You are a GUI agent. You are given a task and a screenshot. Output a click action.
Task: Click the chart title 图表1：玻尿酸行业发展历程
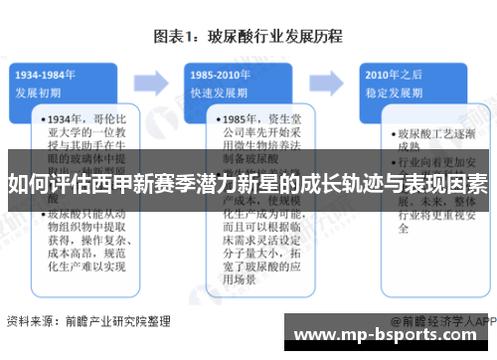point(248,38)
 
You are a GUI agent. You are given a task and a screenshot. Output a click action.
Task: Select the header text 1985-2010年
point(218,74)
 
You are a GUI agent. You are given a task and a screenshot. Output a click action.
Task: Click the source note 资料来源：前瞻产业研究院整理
point(87,321)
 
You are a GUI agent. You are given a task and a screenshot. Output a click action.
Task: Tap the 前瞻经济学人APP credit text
point(443,321)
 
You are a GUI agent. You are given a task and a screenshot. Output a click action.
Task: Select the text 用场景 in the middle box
point(231,280)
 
